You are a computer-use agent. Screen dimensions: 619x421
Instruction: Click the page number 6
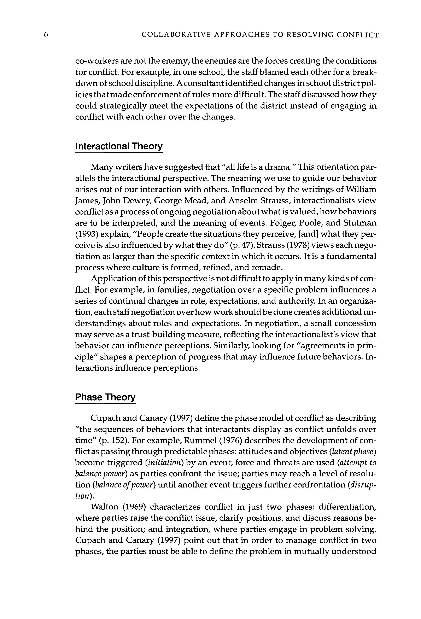[x=46, y=35]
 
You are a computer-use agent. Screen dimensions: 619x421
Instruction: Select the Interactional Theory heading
[x=119, y=146]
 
